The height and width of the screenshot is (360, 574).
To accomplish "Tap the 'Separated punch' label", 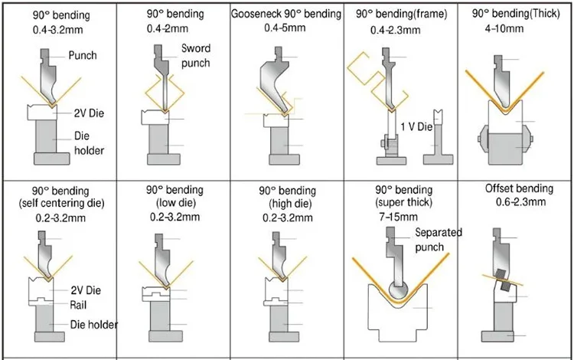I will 439,239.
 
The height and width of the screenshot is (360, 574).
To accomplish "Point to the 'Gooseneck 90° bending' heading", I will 287,15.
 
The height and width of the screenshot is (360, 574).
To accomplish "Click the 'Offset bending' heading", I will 518,188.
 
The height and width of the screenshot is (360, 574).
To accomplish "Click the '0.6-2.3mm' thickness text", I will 517,202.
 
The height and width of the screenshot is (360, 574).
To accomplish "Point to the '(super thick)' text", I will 404,203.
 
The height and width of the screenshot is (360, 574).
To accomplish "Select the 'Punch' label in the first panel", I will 83,56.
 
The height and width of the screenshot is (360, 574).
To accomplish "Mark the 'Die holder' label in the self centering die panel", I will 94,325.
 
